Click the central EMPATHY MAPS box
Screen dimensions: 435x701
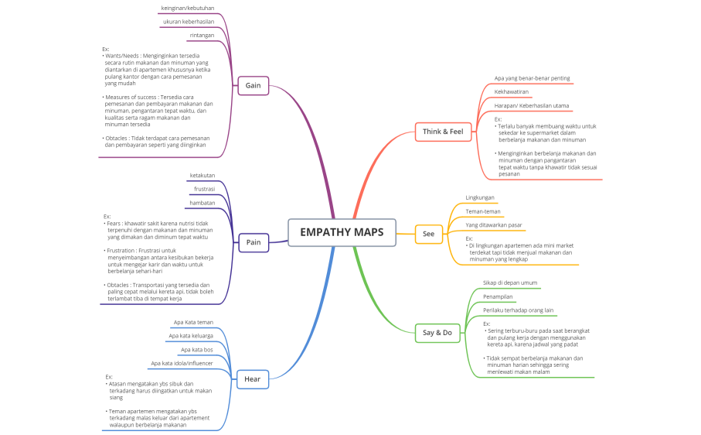click(342, 232)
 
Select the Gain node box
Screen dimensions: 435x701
click(253, 85)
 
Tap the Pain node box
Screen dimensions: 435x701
click(253, 242)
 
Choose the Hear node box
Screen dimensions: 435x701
click(252, 378)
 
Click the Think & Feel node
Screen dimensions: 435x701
click(442, 132)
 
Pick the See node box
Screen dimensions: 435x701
click(428, 233)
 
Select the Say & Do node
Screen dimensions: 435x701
click(437, 333)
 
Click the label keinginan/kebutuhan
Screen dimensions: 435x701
click(187, 8)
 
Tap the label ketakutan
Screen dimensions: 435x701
click(202, 176)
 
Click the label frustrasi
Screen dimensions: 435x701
click(204, 189)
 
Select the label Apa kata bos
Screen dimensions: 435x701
click(196, 350)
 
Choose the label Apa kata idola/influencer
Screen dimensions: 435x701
click(182, 363)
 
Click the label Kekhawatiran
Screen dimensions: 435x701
click(512, 91)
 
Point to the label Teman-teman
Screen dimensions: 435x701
click(482, 211)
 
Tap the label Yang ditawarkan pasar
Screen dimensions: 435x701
click(493, 225)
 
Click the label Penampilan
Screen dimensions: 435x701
click(498, 296)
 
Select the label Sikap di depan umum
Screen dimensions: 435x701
click(510, 283)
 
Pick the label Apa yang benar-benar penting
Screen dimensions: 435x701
click(532, 78)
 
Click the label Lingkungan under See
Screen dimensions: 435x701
click(479, 197)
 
